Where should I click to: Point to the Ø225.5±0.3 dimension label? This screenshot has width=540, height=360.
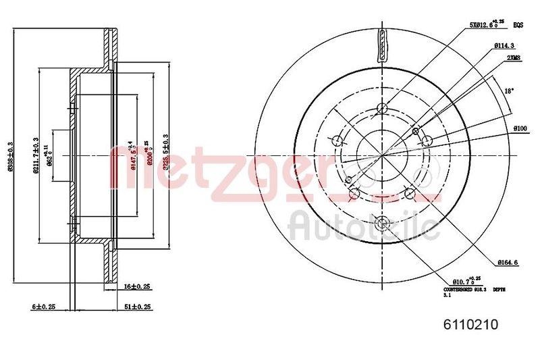[x=165, y=155]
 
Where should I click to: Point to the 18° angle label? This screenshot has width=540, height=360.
[x=510, y=91]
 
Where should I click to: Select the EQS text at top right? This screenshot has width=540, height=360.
[x=518, y=25]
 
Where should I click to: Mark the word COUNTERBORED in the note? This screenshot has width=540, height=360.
[x=456, y=288]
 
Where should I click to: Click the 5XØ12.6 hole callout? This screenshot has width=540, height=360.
[x=487, y=25]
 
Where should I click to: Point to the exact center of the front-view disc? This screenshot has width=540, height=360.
[x=383, y=155]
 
